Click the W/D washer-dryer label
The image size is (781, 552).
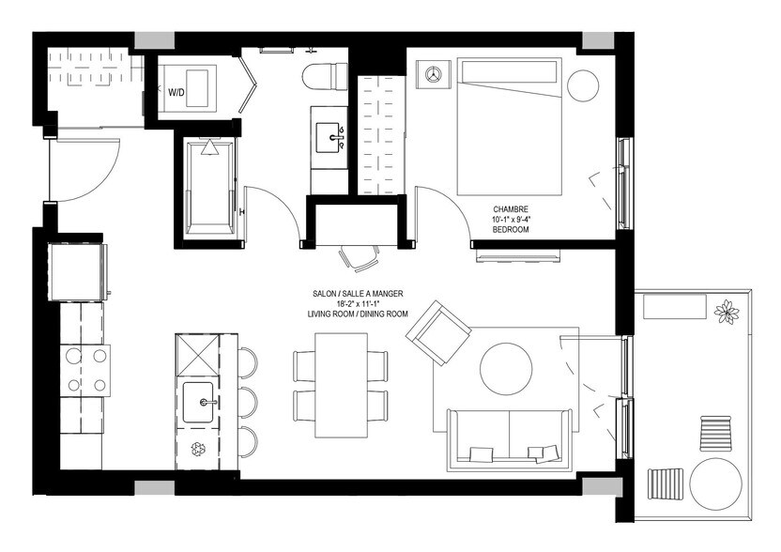click(x=176, y=93)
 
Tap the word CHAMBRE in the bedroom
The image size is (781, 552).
click(x=511, y=209)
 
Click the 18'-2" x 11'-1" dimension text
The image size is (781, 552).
click(x=358, y=303)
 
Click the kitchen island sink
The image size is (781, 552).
click(x=201, y=403)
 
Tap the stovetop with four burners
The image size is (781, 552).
click(x=85, y=369)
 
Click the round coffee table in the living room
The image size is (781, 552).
click(x=508, y=367)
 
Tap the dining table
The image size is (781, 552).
click(x=340, y=384)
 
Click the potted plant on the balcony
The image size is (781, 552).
click(x=726, y=312)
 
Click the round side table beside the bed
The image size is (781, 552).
click(x=583, y=84)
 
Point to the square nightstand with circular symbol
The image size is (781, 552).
click(x=432, y=73)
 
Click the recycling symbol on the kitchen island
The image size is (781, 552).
click(x=199, y=449)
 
